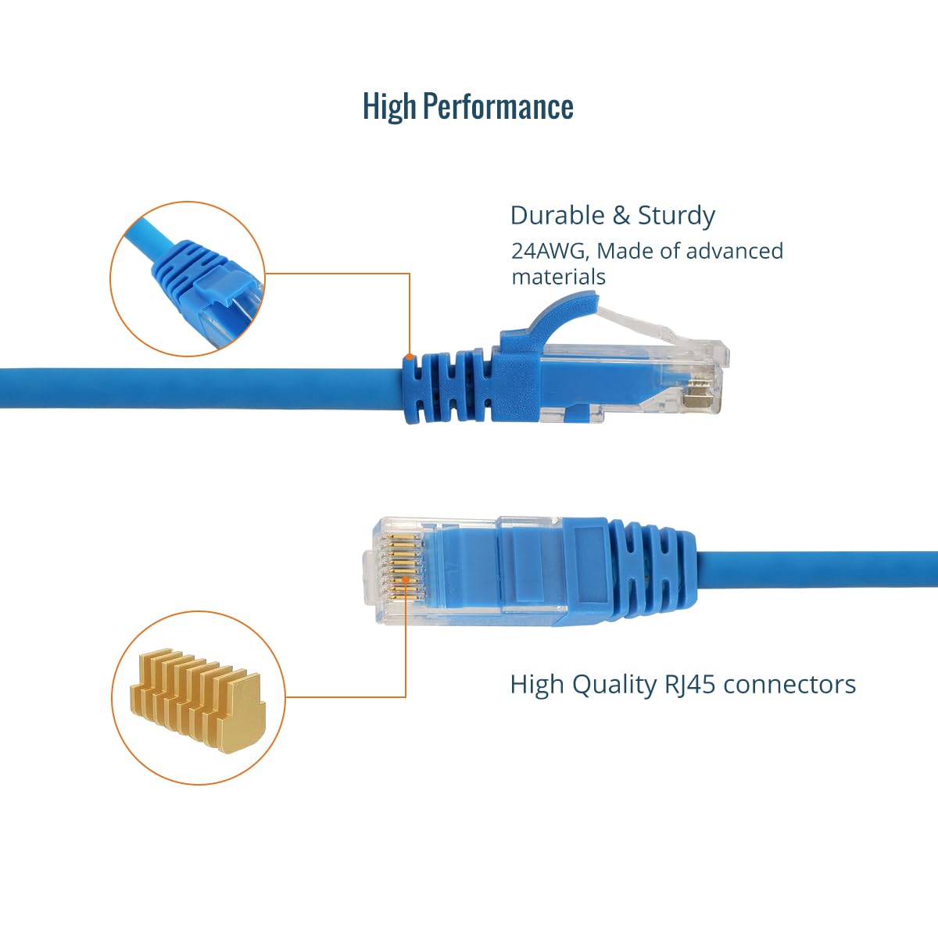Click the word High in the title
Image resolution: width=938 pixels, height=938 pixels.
point(389,106)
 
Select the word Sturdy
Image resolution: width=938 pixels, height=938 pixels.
point(677,217)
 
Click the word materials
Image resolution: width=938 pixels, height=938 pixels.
point(558,277)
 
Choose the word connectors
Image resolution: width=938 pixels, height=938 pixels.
point(789,686)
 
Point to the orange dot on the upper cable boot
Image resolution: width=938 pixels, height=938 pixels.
point(410,356)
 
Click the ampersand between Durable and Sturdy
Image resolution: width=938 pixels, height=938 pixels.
point(621,216)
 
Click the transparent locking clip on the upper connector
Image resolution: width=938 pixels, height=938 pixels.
point(638,323)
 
